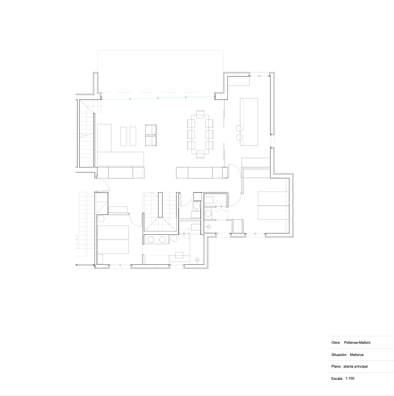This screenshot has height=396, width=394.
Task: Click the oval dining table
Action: click(200, 134)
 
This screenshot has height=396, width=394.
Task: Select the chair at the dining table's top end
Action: click(200, 114)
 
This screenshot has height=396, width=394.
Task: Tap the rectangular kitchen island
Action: click(249, 122)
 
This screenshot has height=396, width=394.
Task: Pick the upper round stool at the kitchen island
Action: click(239, 129)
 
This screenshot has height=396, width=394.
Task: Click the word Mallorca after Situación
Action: click(356, 355)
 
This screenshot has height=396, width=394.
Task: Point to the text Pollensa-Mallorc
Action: click(357, 342)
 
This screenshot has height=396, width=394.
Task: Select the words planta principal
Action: click(356, 367)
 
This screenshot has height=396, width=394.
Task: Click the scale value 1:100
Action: click(350, 378)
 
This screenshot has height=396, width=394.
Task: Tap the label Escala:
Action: click(337, 379)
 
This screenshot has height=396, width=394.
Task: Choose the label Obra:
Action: click(336, 342)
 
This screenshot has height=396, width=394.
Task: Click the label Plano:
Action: click(337, 367)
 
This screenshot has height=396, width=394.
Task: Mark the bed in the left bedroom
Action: click(113, 240)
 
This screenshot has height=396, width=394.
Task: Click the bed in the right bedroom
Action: click(273, 205)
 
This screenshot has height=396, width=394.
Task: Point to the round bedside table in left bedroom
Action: click(101, 219)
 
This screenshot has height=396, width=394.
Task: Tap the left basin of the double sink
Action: click(151, 240)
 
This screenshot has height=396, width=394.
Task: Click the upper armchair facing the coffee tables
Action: click(151, 130)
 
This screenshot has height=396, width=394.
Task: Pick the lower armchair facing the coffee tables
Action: click(151, 141)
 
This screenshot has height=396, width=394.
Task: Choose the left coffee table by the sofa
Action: click(124, 136)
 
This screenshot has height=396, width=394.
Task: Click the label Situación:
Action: click(339, 355)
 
